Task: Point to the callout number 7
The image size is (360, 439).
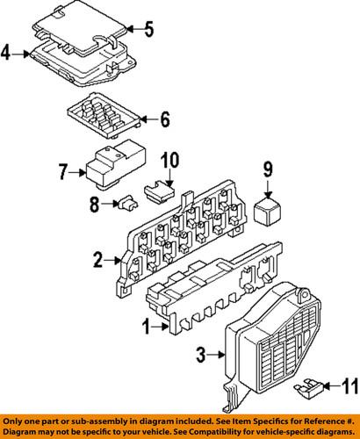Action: (x=63, y=171)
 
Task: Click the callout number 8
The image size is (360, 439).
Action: (x=96, y=205)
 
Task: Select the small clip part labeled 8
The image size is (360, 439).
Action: (x=126, y=205)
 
